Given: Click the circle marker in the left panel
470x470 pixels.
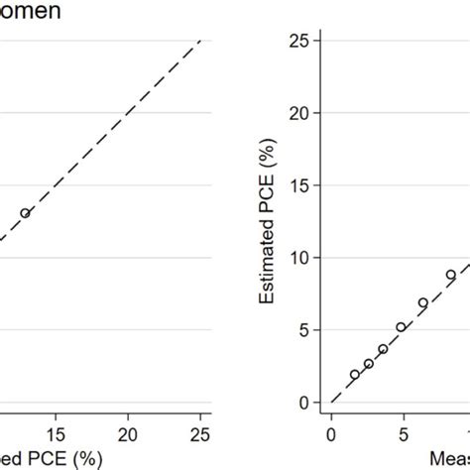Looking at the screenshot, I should click(26, 212).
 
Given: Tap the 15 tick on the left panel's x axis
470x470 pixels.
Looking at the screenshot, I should click(58, 433).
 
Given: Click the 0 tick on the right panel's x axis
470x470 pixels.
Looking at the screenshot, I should click(331, 433).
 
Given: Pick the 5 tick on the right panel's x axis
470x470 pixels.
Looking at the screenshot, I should click(402, 433).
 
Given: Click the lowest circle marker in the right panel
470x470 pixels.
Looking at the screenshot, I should click(354, 375).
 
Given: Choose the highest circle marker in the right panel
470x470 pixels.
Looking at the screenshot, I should click(450, 275).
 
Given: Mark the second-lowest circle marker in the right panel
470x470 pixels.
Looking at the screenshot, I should click(368, 364).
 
